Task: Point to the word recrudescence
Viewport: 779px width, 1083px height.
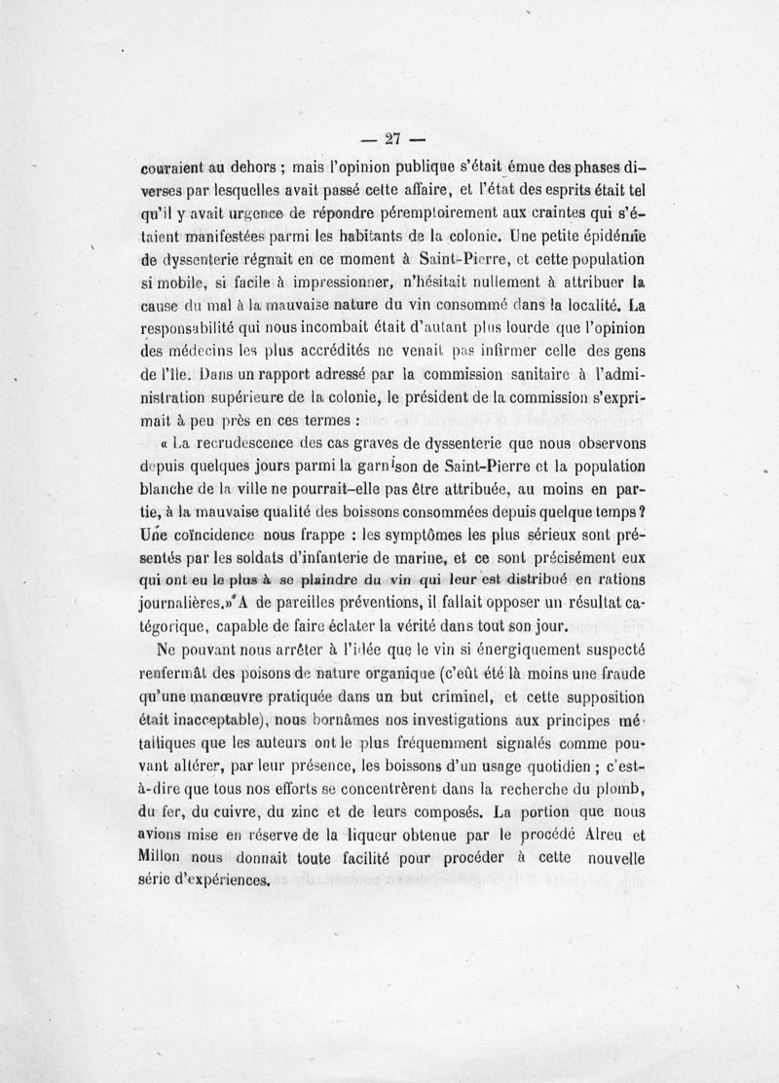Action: tap(241, 444)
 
